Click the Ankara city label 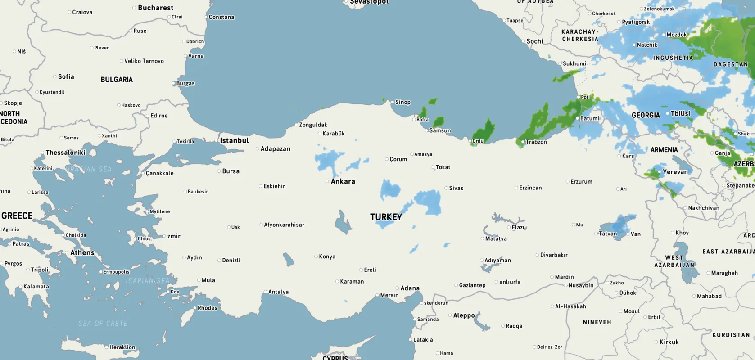click(x=343, y=181)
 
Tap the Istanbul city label click(x=234, y=141)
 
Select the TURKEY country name click(x=386, y=217)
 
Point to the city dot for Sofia click(x=55, y=77)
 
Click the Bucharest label click(x=155, y=8)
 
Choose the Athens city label click(x=82, y=253)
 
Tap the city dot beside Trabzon click(x=523, y=142)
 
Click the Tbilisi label click(x=680, y=114)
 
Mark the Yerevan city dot click(x=660, y=172)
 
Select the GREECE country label click(x=17, y=216)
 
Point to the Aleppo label click(x=464, y=315)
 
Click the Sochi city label click(x=535, y=41)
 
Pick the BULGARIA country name click(x=117, y=80)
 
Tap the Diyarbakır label click(x=554, y=255)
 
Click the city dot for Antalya click(x=266, y=292)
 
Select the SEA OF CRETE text click(x=103, y=324)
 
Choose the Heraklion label click(x=122, y=347)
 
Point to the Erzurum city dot click(x=568, y=182)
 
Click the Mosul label click(x=631, y=311)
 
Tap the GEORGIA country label click(x=646, y=115)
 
